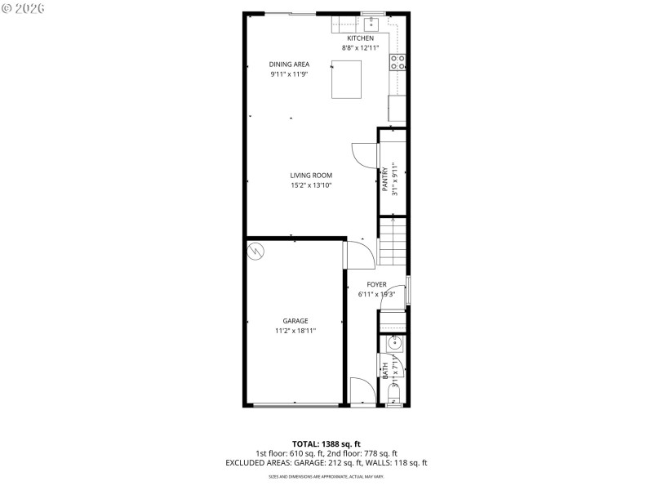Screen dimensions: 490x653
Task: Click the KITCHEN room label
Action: pos(360,38)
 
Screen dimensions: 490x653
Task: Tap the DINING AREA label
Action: pos(290,64)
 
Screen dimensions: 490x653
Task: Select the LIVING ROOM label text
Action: pos(311,175)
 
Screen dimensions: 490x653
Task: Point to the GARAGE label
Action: pos(295,321)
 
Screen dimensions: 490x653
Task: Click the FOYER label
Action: pos(376,284)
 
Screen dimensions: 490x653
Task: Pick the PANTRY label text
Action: pos(385,180)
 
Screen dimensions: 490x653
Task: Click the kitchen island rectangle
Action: pos(346,79)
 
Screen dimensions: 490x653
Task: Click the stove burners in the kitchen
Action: pos(398,62)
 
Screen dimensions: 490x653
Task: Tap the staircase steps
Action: pos(392,242)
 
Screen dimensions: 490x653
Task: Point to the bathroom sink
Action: pos(393,345)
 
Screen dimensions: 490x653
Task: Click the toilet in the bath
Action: pos(394,399)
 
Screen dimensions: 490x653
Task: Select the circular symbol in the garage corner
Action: pos(256,251)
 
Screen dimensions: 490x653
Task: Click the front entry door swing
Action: pos(362,390)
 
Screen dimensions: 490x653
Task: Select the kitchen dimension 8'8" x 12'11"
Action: pos(360,48)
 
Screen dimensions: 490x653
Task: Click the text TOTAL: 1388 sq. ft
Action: pos(326,443)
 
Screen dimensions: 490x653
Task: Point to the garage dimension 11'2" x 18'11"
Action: pos(295,331)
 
